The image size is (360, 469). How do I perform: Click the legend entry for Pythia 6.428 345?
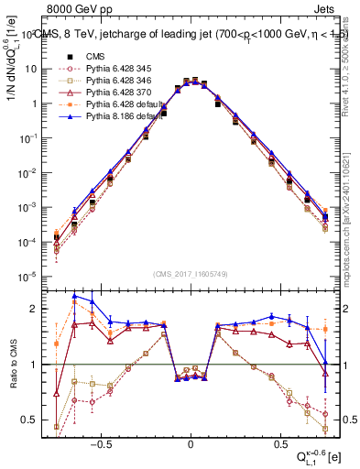pyautogui.click(x=110, y=69)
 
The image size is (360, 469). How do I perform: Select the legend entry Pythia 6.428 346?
pyautogui.click(x=110, y=81)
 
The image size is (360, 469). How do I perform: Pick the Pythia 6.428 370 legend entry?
pyautogui.click(x=110, y=93)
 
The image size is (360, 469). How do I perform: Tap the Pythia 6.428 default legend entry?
pyautogui.click(x=114, y=104)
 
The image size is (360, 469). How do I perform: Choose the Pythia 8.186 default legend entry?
pyautogui.click(x=114, y=116)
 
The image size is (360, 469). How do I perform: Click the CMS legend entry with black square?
pyautogui.click(x=88, y=57)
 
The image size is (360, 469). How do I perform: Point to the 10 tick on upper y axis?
pyautogui.click(x=32, y=69)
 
